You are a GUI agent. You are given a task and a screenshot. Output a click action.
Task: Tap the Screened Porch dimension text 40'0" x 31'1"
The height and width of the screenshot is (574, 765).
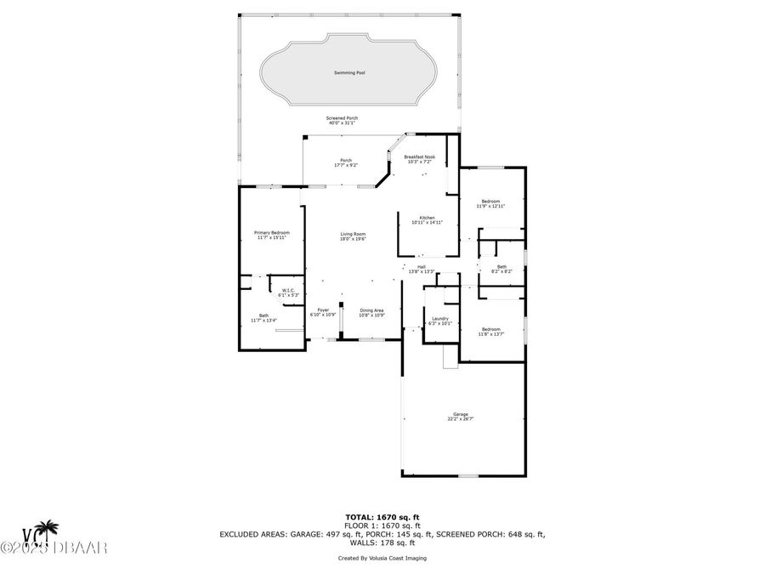click(343, 123)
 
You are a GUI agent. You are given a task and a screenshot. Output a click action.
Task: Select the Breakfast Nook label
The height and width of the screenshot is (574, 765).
click(419, 156)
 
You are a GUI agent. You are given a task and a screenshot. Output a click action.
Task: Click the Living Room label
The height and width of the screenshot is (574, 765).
click(353, 234)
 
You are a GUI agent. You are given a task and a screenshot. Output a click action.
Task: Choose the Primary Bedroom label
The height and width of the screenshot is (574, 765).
click(272, 232)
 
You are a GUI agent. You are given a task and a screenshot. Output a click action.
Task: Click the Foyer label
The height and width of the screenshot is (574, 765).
click(323, 310)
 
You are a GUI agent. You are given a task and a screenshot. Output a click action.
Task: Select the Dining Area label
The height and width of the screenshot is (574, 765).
click(372, 310)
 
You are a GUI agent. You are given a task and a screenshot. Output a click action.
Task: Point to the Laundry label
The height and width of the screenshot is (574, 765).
click(439, 318)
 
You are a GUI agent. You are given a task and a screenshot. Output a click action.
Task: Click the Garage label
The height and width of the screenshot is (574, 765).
click(460, 414)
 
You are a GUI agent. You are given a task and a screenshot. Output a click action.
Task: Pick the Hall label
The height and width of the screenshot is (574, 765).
click(421, 268)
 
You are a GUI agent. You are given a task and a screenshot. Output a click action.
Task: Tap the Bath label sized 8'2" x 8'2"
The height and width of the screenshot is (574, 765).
click(502, 268)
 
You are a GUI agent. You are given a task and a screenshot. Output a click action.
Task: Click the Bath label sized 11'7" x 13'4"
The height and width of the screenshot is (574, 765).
click(263, 315)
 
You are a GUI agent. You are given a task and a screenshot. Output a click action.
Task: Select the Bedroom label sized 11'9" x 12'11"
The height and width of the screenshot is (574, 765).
click(490, 201)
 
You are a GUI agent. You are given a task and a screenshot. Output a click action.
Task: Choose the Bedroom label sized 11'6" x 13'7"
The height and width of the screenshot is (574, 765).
click(491, 329)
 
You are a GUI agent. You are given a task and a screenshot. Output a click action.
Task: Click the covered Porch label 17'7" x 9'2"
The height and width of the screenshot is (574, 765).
click(346, 161)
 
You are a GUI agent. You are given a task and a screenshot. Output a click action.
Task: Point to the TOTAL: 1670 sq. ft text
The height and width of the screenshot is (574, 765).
click(382, 516)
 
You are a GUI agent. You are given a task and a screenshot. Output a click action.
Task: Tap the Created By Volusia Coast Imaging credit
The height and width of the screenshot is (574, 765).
click(382, 558)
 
